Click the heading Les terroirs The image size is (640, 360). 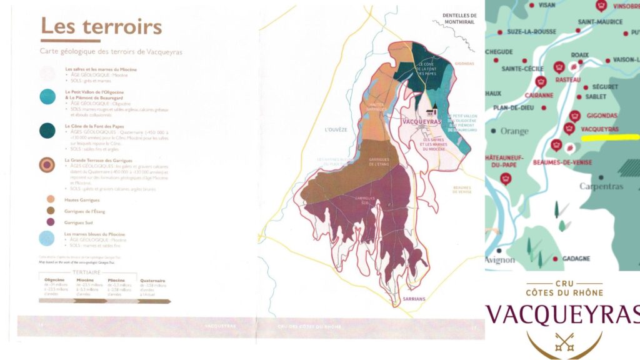pyautogui.click(x=101, y=27)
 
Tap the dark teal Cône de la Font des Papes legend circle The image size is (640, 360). pyautogui.click(x=47, y=129)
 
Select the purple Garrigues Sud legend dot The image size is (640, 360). pyautogui.click(x=50, y=222)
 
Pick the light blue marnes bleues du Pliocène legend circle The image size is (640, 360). pyautogui.click(x=47, y=238)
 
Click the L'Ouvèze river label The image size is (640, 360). pyautogui.click(x=335, y=129)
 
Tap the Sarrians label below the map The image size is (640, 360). pyautogui.click(x=414, y=299)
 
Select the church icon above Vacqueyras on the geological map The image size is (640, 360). pyautogui.click(x=431, y=111)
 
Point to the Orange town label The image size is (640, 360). pyautogui.click(x=514, y=131)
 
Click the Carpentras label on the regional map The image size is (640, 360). pyautogui.click(x=601, y=186)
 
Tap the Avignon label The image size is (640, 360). pyautogui.click(x=500, y=259)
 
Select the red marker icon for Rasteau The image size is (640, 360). pyautogui.click(x=559, y=67)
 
